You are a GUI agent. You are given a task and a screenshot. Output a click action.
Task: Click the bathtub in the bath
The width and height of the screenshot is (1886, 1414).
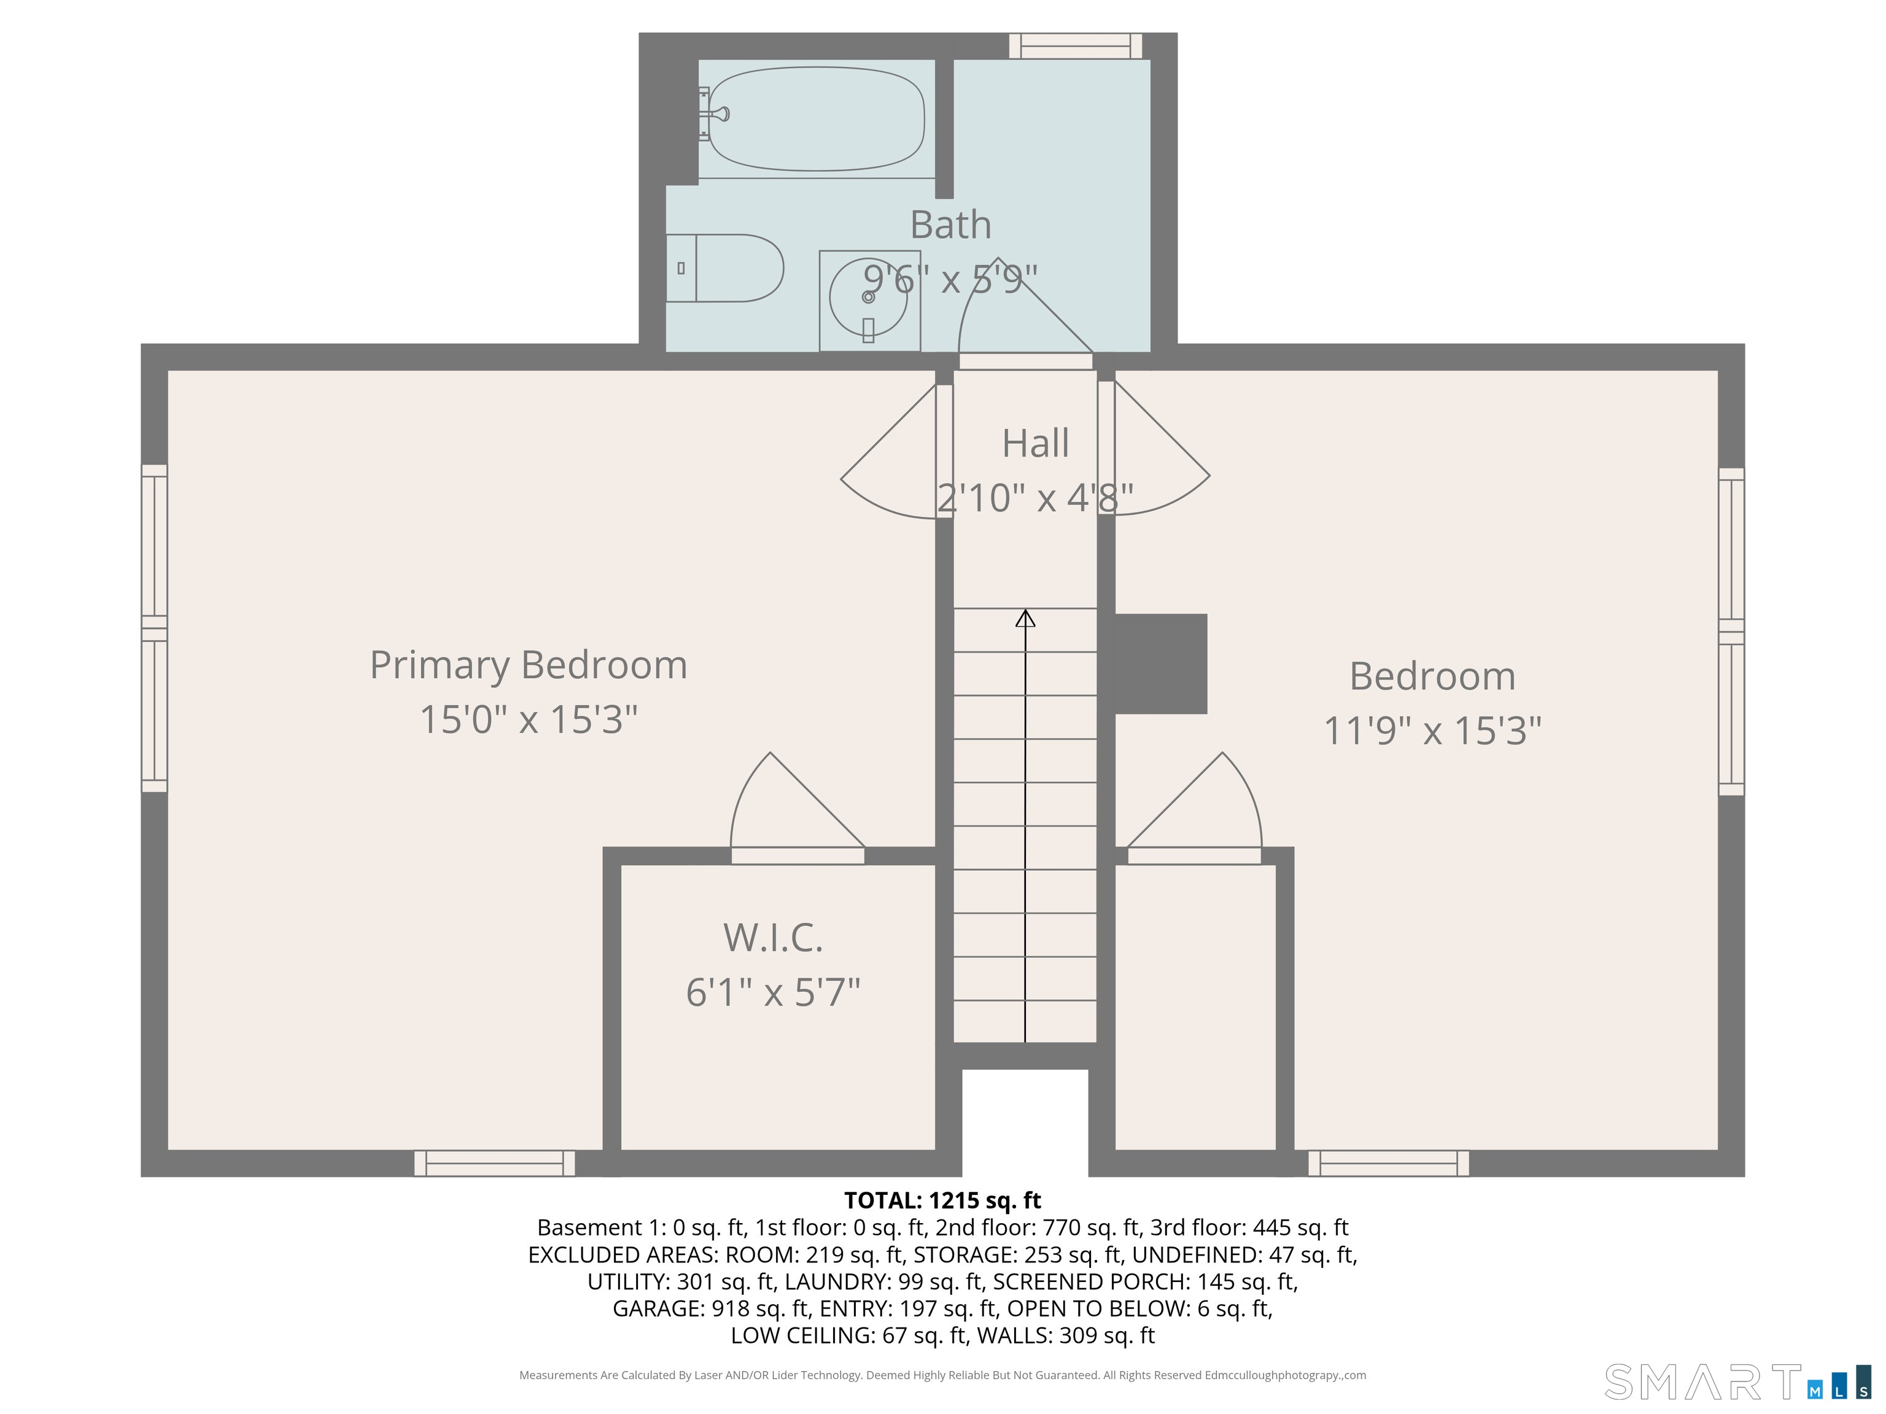(816, 118)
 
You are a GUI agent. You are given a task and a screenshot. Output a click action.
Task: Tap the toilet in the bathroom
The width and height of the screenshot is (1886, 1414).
(724, 268)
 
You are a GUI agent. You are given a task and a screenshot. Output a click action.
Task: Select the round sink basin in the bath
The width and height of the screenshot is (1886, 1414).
(868, 298)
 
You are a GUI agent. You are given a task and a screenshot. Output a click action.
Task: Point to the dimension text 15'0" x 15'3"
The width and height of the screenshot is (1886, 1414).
(529, 719)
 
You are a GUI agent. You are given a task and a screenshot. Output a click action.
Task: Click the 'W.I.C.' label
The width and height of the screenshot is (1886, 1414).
(774, 938)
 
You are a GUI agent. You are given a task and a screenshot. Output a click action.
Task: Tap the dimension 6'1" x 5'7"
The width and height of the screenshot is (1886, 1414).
(774, 992)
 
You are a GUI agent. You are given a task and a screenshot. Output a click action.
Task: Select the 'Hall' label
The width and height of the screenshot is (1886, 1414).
(1035, 443)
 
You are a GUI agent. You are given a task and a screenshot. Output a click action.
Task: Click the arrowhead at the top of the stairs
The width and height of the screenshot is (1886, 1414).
(1025, 618)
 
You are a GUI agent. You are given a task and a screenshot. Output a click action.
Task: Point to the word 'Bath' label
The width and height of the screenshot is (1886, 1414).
(950, 225)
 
